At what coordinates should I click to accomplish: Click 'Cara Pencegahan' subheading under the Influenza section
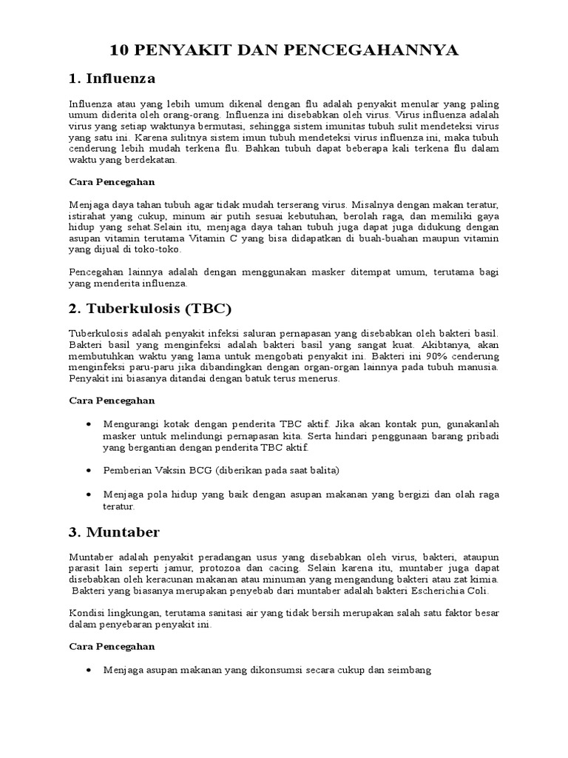click(x=112, y=181)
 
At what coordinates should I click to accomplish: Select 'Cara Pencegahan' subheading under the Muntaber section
click(x=112, y=646)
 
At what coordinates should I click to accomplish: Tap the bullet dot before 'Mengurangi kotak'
click(x=89, y=423)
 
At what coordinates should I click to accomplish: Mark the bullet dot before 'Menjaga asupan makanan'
click(x=89, y=669)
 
